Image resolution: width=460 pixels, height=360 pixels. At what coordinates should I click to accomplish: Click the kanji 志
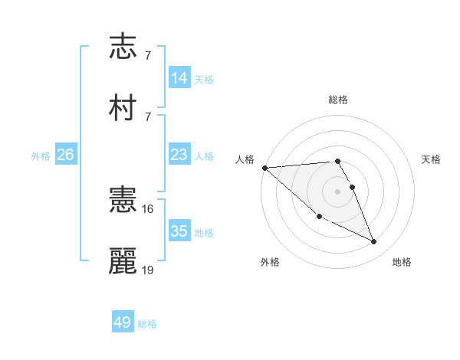tap(123, 47)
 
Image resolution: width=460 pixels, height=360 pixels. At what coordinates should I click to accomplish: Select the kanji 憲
tap(123, 201)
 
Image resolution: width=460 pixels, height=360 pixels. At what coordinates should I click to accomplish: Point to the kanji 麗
tap(123, 260)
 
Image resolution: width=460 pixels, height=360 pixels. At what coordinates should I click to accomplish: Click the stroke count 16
tap(148, 208)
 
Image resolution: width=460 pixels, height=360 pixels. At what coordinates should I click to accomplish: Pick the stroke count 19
tap(148, 270)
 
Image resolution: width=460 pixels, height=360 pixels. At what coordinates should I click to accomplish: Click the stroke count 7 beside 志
tap(147, 56)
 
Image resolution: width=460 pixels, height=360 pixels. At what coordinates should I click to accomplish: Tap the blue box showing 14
tap(179, 78)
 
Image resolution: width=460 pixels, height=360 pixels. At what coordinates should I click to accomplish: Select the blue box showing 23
tap(179, 155)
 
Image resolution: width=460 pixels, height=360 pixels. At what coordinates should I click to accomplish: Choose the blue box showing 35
tap(179, 231)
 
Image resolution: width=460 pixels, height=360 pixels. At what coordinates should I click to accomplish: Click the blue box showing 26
tap(65, 155)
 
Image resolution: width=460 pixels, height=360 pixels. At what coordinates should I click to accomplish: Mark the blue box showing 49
tap(123, 322)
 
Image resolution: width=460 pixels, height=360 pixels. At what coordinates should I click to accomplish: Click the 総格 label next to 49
tap(147, 324)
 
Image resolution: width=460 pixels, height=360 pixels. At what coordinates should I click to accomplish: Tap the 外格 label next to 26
tap(41, 156)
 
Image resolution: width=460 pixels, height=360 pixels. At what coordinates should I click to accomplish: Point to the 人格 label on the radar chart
tap(244, 159)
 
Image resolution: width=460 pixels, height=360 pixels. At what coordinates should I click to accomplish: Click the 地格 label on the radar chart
tap(402, 262)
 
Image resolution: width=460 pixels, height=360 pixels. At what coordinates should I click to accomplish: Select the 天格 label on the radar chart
tap(431, 159)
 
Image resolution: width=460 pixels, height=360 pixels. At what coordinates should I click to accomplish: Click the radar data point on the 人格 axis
tap(264, 168)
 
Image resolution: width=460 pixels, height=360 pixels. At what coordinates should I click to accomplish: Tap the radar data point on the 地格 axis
tap(374, 242)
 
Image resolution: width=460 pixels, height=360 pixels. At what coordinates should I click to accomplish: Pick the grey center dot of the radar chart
tap(338, 191)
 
